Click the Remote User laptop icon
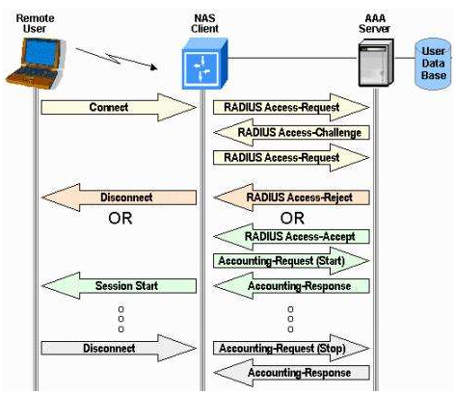(36, 64)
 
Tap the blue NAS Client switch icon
(204, 64)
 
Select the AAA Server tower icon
(376, 63)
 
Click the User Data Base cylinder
(433, 64)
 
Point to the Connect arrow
(119, 107)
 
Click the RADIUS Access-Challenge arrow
(291, 132)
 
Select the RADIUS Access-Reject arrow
(291, 197)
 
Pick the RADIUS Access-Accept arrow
(291, 237)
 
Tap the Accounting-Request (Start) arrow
(291, 261)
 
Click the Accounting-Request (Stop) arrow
(291, 348)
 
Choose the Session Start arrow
(119, 285)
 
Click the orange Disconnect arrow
(119, 197)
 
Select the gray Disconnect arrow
(119, 348)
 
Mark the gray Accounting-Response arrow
(291, 373)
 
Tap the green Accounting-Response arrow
(291, 285)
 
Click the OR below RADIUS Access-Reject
(292, 219)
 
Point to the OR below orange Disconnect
(120, 219)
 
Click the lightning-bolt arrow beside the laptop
(117, 58)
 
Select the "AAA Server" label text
(375, 23)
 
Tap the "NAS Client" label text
(204, 23)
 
